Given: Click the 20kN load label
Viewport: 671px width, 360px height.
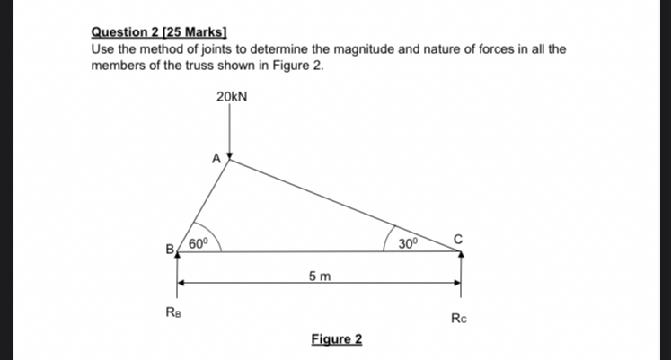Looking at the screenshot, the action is (231, 95).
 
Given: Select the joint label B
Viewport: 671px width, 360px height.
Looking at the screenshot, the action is (168, 249).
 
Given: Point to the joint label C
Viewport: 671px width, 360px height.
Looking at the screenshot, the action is (457, 238).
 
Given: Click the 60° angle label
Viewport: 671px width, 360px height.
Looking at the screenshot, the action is (198, 241).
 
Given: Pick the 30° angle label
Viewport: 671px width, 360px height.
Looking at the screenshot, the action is (409, 242).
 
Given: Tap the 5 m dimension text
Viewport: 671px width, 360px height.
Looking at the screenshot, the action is (318, 275).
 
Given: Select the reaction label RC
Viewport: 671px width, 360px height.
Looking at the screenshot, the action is (459, 318).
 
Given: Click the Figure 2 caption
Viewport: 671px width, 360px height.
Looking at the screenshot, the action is (337, 338).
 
